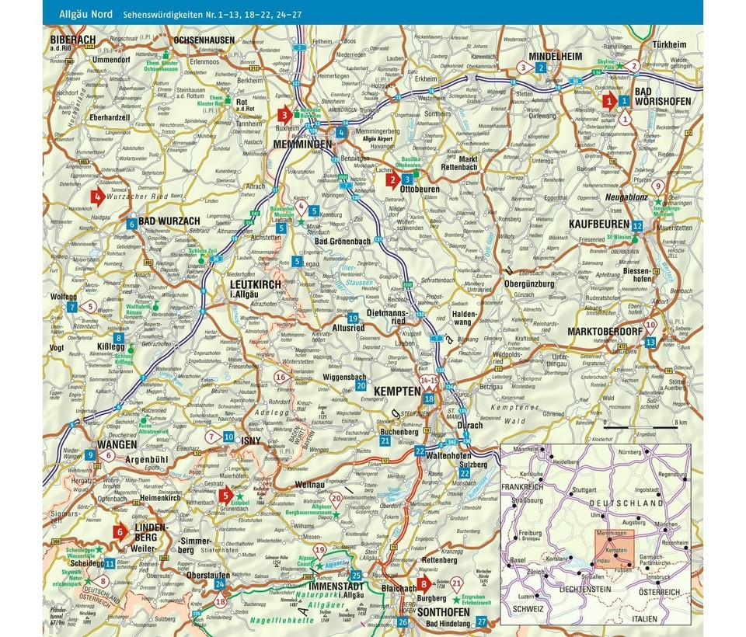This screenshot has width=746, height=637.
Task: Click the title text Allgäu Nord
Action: tap(82, 14)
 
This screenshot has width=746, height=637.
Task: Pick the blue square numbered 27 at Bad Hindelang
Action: tap(482, 620)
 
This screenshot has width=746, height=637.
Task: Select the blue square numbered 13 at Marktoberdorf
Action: tap(650, 341)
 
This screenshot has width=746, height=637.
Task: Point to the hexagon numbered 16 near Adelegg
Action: tap(281, 378)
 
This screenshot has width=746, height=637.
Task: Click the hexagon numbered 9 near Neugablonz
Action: tap(658, 186)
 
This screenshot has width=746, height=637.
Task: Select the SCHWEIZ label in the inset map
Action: tap(530, 609)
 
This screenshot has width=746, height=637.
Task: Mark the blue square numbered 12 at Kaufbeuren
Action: tap(637, 225)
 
